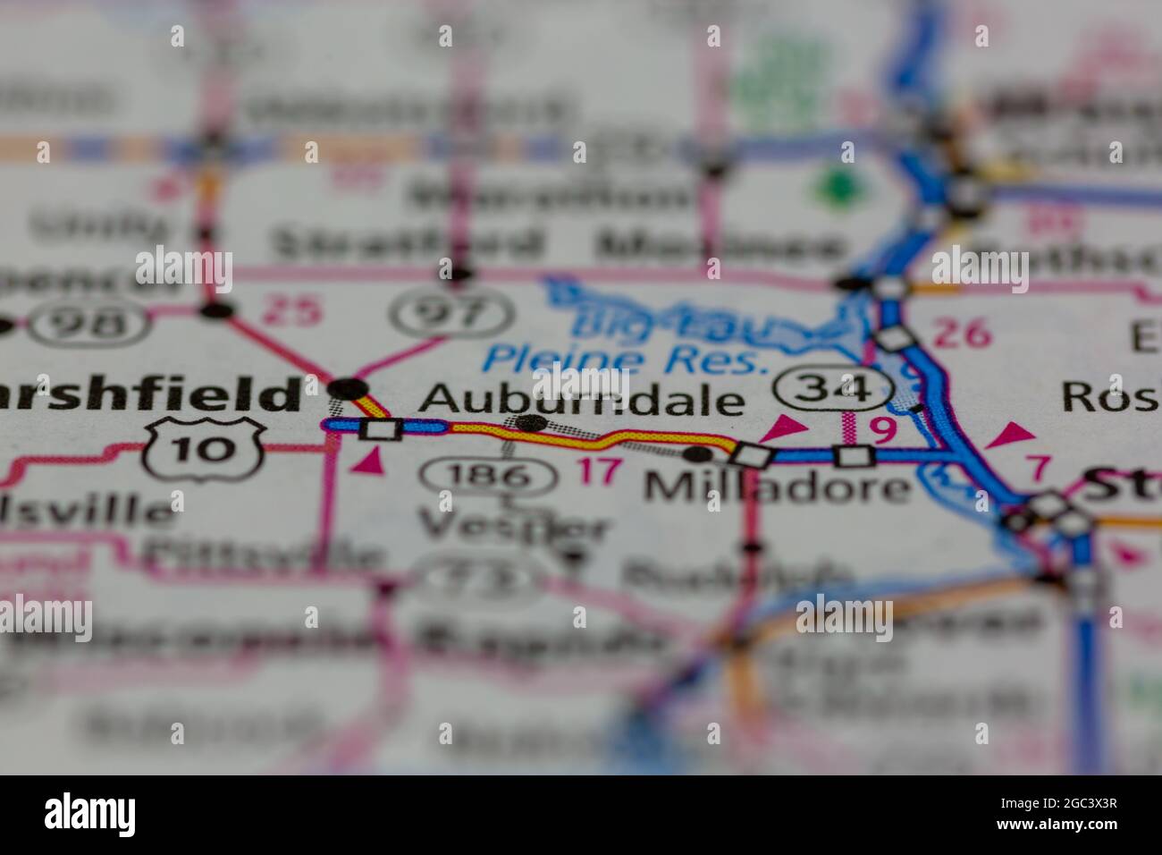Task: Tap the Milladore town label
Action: [777, 487]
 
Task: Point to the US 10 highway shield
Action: [205, 447]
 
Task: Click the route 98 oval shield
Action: [88, 321]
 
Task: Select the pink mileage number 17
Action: [598, 470]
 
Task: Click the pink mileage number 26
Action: [962, 334]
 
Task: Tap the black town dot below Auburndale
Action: [532, 422]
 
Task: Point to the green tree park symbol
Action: [838, 186]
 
